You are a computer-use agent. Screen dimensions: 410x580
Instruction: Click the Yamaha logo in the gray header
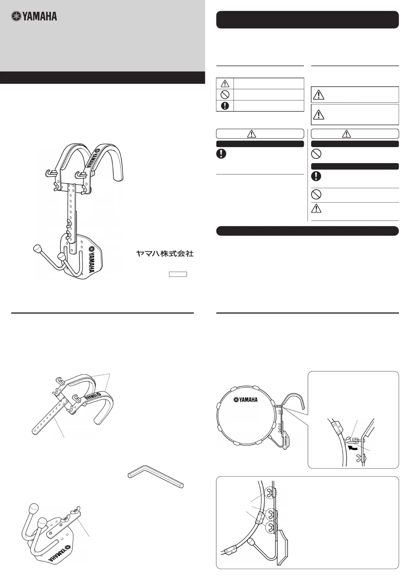coord(34,16)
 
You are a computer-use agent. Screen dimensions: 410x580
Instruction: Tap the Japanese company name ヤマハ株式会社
coord(165,253)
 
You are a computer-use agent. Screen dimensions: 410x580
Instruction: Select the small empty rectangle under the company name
coord(178,274)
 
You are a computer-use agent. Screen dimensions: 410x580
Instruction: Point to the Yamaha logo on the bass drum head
coord(245,400)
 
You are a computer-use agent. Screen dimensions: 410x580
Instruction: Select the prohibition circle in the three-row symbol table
coord(225,94)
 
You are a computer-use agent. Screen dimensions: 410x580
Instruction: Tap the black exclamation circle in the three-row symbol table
coord(225,106)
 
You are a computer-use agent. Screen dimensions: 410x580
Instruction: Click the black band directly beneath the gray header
coord(102,78)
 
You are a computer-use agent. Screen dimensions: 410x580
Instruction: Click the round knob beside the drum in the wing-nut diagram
coord(251,542)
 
